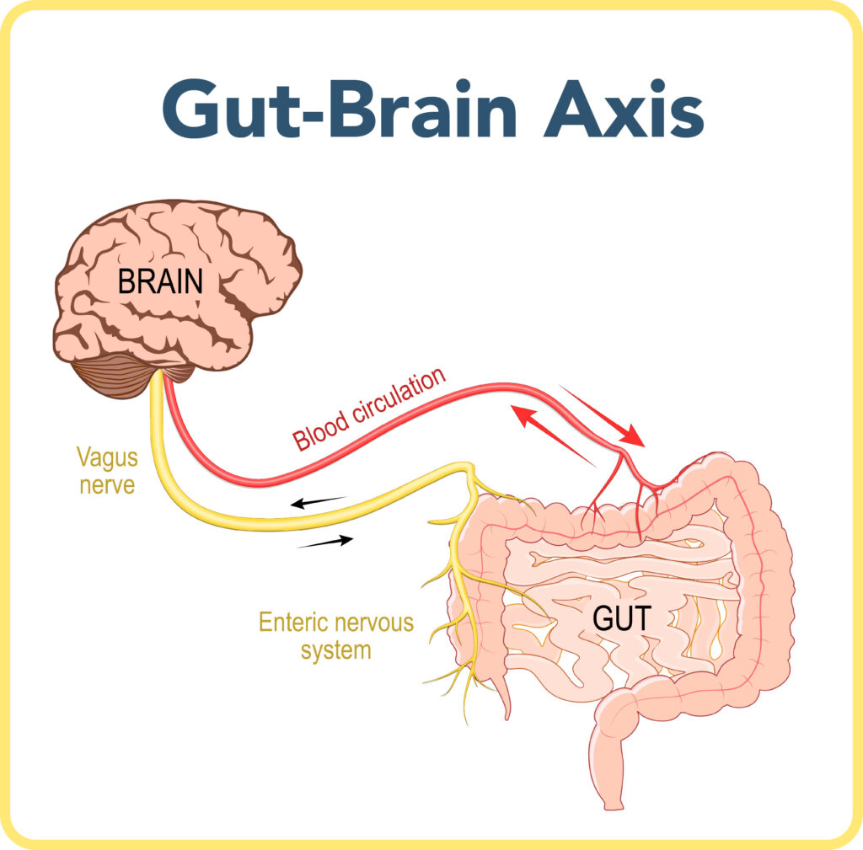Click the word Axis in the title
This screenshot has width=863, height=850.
pos(624,109)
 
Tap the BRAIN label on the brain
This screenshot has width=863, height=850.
pos(161,281)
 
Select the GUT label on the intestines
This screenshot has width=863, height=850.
pos(622,617)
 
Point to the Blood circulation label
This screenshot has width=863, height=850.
pos(369,409)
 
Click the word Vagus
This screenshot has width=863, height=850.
pos(107,457)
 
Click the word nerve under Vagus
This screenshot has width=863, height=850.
pos(107,485)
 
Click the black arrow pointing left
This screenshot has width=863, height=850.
pos(318,502)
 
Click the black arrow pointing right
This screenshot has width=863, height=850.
pos(325,542)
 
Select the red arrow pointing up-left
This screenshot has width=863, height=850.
pos(553,436)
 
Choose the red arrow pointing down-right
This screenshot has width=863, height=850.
pos(602,416)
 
